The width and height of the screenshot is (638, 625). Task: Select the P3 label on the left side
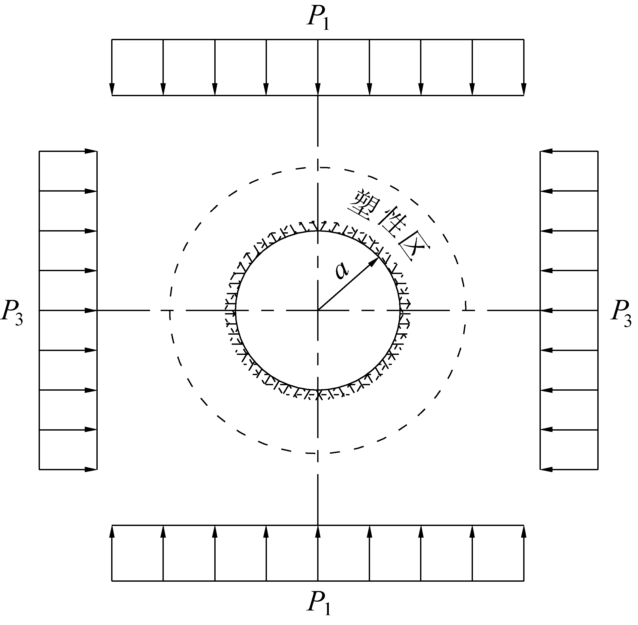click(x=12, y=313)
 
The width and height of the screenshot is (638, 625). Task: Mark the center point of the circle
click(x=318, y=310)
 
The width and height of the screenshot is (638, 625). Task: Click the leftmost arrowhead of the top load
click(x=112, y=89)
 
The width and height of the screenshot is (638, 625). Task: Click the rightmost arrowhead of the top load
click(x=523, y=89)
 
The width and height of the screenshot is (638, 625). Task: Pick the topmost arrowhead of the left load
click(x=91, y=151)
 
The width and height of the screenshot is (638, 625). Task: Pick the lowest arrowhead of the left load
click(x=91, y=469)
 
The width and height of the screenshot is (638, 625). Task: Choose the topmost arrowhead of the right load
click(x=547, y=151)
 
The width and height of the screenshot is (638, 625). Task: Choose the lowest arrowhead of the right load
click(x=547, y=469)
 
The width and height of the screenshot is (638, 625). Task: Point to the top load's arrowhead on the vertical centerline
click(x=318, y=89)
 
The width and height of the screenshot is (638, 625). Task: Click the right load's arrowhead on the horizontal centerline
click(x=547, y=310)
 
